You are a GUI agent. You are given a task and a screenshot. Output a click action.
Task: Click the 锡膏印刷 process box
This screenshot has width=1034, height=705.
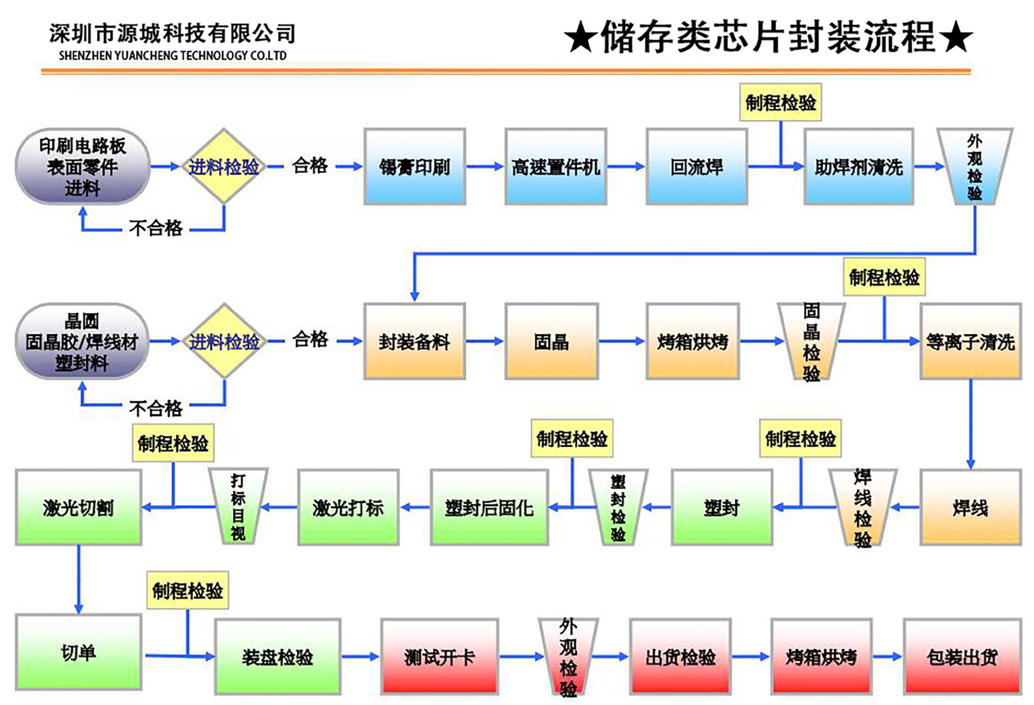tap(414, 167)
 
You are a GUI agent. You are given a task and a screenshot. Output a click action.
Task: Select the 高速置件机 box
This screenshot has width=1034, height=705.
tap(556, 167)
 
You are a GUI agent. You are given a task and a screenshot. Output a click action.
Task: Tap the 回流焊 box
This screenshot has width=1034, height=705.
tap(697, 167)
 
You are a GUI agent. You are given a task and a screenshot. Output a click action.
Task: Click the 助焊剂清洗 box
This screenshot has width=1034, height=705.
tap(858, 167)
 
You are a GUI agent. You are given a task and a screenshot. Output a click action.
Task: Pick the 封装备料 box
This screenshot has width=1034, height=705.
tap(414, 341)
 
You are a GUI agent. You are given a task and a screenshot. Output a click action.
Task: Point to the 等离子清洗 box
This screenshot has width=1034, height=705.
tap(970, 341)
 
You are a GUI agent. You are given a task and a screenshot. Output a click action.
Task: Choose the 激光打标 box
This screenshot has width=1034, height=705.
tap(348, 507)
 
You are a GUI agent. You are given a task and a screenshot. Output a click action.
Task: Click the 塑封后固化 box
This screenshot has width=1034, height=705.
tap(489, 507)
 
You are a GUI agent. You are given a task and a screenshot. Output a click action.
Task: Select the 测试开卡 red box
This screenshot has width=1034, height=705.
tap(439, 657)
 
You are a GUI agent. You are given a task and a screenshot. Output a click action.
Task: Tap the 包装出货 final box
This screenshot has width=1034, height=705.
tap(962, 657)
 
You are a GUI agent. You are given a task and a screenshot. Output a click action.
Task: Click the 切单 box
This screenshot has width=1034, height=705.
tap(79, 652)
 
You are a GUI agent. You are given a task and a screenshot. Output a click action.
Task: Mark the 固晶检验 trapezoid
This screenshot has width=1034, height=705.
tap(811, 342)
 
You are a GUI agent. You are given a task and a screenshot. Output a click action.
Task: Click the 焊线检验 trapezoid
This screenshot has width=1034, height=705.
tap(862, 507)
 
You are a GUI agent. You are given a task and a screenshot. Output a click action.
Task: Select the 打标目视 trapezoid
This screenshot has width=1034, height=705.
tap(238, 506)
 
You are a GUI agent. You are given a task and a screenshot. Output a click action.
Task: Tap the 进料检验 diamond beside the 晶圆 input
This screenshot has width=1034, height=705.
tap(224, 341)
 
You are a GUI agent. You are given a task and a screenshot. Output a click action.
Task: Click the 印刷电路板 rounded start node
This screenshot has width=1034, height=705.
tap(82, 167)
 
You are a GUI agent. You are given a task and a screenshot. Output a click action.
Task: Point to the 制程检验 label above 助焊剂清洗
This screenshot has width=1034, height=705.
tap(780, 102)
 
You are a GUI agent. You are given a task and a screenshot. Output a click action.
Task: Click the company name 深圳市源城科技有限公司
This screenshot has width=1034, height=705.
tap(172, 33)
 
